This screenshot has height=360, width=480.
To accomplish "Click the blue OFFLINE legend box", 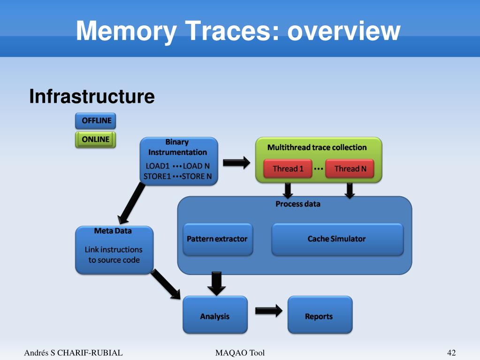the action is pyautogui.click(x=96, y=121).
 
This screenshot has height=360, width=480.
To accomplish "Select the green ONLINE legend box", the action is pyautogui.click(x=96, y=139).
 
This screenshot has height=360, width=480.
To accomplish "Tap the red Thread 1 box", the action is pyautogui.click(x=288, y=169).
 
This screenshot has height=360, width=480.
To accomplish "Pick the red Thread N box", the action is pyautogui.click(x=350, y=169).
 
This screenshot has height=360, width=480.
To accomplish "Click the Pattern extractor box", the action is pyautogui.click(x=218, y=239).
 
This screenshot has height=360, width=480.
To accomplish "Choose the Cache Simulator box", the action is pyautogui.click(x=337, y=239).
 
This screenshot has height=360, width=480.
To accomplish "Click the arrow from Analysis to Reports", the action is pyautogui.click(x=268, y=311).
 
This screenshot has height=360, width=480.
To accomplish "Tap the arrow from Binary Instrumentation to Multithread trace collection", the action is pyautogui.click(x=236, y=162).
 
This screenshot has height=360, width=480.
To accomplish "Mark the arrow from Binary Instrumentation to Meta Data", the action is pyautogui.click(x=132, y=203).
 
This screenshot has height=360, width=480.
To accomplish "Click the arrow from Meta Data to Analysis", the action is pyautogui.click(x=166, y=284).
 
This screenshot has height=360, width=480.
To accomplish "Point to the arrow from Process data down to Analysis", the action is pyautogui.click(x=216, y=283).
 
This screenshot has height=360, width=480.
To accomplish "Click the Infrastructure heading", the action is pyautogui.click(x=92, y=96).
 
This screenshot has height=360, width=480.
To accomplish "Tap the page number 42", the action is pyautogui.click(x=451, y=352).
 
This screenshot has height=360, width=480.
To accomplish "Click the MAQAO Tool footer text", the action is pyautogui.click(x=240, y=352).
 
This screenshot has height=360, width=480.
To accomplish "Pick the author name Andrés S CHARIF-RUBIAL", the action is pyautogui.click(x=73, y=352).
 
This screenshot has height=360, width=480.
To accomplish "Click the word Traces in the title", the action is pyautogui.click(x=232, y=31).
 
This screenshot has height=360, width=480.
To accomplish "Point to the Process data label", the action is pyautogui.click(x=297, y=204).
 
